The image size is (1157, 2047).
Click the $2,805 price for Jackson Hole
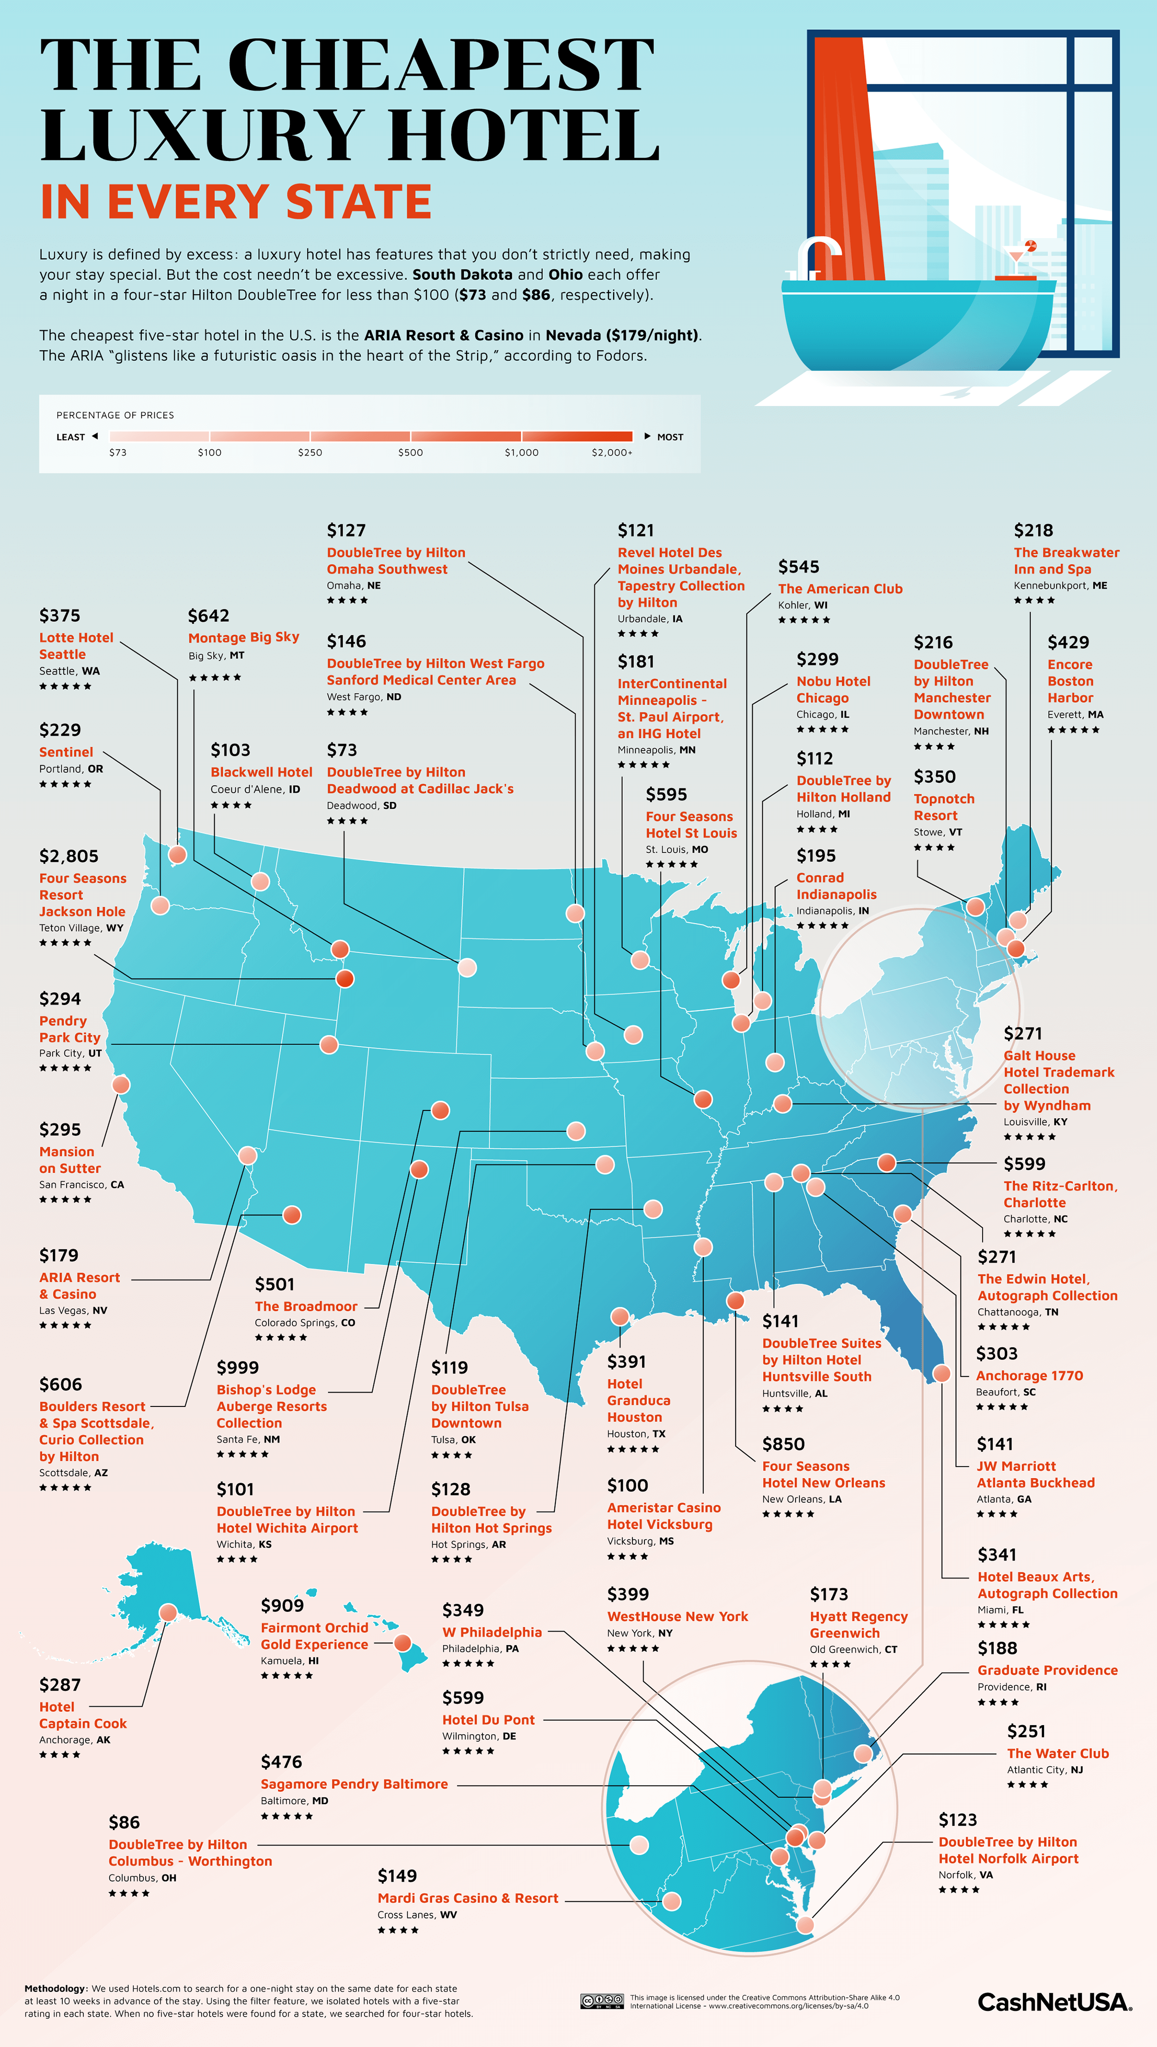[x=69, y=856]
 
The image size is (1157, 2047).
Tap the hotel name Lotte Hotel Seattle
[x=76, y=646]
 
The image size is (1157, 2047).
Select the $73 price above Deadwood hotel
[x=342, y=750]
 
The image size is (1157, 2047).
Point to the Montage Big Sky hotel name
[x=243, y=637]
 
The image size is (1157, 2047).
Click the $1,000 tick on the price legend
[x=521, y=452]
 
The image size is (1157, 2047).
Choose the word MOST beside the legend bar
[x=670, y=437]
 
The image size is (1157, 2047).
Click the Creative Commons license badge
[x=602, y=2001]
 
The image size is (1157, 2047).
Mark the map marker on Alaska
[x=168, y=1612]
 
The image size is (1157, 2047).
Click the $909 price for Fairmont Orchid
[x=282, y=1605]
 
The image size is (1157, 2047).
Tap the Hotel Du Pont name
[x=488, y=1720]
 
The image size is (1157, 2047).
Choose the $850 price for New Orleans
[x=783, y=1444]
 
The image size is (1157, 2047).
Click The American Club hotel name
[x=840, y=589]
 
